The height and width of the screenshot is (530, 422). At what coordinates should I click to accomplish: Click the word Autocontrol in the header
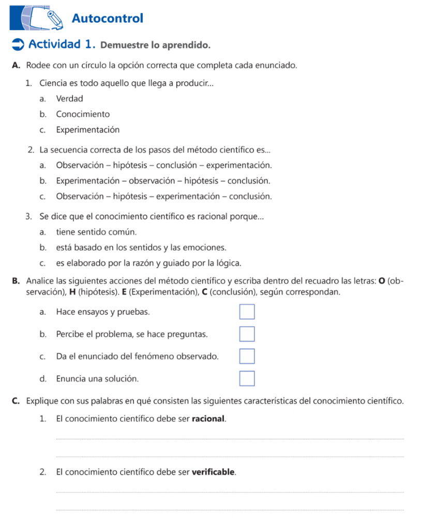[108, 19]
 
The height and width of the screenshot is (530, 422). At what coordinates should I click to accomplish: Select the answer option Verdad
[69, 98]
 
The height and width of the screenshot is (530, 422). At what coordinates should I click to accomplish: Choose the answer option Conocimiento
[83, 114]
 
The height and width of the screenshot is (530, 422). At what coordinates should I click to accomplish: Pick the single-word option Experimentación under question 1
[88, 129]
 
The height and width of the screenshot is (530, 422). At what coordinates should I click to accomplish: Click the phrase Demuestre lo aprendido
[155, 45]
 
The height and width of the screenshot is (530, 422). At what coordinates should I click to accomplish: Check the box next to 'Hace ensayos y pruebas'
[247, 312]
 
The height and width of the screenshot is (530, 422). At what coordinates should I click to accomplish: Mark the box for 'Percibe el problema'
[247, 334]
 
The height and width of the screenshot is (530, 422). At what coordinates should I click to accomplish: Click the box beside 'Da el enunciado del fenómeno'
[247, 357]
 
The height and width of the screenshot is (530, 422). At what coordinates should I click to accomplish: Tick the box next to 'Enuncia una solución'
[247, 379]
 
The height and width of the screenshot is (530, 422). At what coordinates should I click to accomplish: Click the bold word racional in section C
[208, 418]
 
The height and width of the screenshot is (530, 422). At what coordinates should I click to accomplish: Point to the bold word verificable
[214, 472]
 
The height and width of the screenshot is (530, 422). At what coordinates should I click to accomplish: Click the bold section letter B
[16, 281]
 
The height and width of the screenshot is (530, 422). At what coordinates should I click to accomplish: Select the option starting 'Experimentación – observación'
[163, 181]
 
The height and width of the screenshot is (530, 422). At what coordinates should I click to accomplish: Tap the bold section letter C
[16, 401]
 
